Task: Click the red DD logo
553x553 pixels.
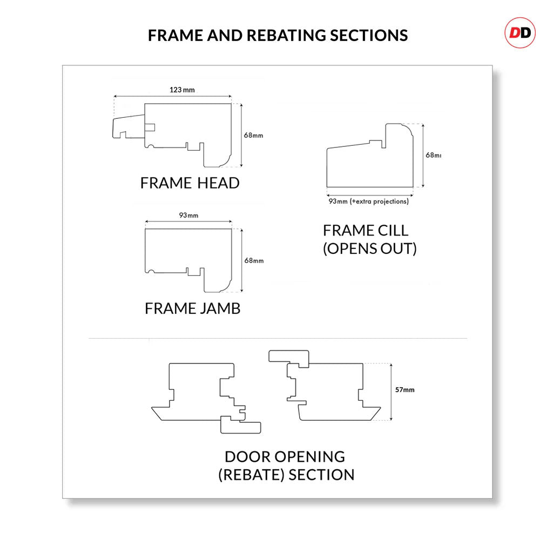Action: click(x=520, y=33)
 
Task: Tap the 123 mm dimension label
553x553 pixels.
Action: click(x=182, y=90)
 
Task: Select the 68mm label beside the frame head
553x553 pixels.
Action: click(x=253, y=135)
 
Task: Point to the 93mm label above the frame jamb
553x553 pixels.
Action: click(x=188, y=215)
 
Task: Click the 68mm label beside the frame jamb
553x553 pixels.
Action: click(x=254, y=260)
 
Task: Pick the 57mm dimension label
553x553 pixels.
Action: click(x=404, y=389)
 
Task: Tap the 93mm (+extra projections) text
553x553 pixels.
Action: click(x=369, y=201)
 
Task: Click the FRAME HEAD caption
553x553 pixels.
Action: click(x=190, y=183)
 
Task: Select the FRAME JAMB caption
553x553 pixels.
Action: click(x=192, y=308)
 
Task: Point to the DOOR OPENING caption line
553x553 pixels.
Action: click(x=285, y=456)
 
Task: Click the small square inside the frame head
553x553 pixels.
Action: click(x=150, y=127)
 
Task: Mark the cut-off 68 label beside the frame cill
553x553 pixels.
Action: click(x=433, y=156)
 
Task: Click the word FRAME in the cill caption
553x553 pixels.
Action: click(x=343, y=231)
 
